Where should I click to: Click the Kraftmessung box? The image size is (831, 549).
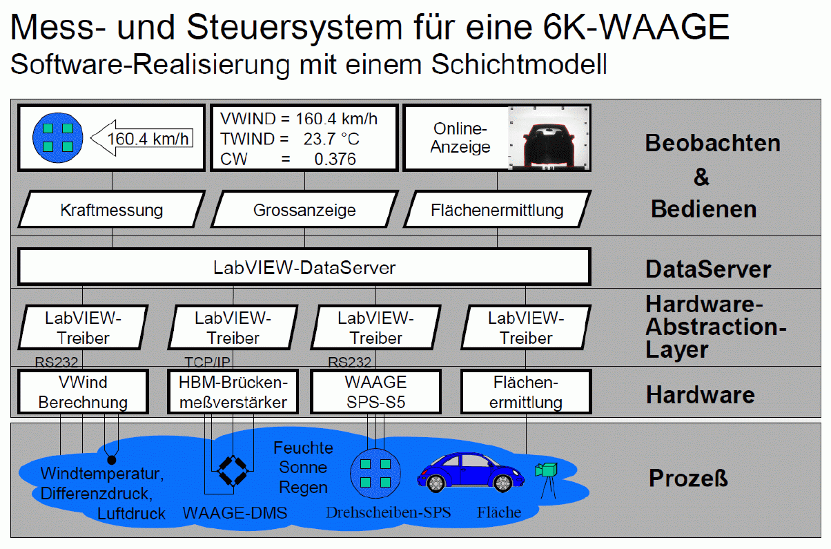pos(112,209)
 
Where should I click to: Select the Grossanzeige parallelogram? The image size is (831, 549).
pos(304,209)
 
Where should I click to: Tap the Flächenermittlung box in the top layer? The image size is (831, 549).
pos(497,209)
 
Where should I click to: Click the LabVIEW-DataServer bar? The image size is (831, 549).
pos(304,267)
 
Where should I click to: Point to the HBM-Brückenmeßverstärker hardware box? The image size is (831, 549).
pos(233,392)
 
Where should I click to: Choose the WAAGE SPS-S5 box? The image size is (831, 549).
pos(375,392)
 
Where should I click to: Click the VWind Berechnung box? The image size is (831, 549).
pos(83,392)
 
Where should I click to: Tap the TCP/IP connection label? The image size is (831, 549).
pos(207,362)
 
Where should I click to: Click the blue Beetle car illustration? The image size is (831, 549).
pos(471,472)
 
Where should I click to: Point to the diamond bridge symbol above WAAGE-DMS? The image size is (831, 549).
pos(233,471)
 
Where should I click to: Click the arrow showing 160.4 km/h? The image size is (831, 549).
pos(141,138)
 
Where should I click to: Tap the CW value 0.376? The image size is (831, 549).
pos(335,160)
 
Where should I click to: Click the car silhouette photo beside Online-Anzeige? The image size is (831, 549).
pos(549,138)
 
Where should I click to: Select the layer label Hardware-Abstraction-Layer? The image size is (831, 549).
pos(716,327)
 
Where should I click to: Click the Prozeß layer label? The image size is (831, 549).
pos(688,478)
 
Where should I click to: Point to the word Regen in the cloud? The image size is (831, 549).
pos(303,488)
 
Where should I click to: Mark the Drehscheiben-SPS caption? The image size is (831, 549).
pos(388,512)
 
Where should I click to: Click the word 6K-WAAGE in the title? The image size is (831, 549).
pos(636,27)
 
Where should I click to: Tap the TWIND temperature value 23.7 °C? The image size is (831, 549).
pos(331,139)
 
